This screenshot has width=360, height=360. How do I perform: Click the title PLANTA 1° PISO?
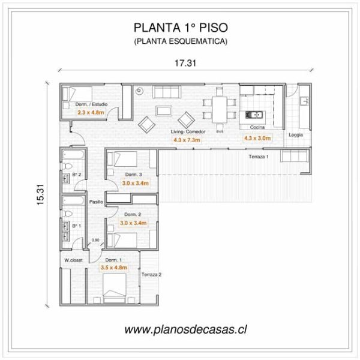click(x=180, y=27)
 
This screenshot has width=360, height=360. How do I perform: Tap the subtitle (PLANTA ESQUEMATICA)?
click(x=180, y=41)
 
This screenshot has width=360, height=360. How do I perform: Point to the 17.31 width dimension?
click(x=185, y=62)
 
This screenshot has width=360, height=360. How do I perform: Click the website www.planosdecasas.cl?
click(x=186, y=329)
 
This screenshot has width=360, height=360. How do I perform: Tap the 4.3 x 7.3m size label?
click(x=187, y=139)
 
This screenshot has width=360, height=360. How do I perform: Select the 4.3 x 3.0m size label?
click(x=257, y=138)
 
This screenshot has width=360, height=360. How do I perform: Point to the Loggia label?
click(x=296, y=135)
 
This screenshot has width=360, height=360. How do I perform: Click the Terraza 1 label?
click(x=259, y=156)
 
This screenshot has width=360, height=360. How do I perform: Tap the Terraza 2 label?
click(x=151, y=274)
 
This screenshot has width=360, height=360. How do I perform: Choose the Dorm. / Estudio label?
click(x=91, y=104)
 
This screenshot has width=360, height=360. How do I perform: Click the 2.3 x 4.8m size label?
click(x=91, y=112)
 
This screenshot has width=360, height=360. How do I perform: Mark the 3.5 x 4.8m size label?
click(x=114, y=268)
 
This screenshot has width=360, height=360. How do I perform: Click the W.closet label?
click(x=73, y=260)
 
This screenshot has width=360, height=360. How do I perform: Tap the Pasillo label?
click(x=97, y=203)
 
